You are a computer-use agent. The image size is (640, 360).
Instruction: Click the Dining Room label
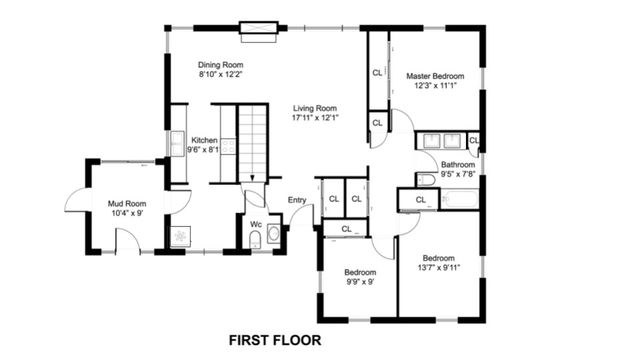coord(221,64)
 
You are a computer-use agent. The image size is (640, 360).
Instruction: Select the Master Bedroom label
coord(434,76)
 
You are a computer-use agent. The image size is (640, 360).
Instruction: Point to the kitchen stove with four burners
coord(227,146)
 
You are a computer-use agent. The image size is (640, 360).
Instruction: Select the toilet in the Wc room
coord(254,239)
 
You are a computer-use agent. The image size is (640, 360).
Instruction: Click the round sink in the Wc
coord(273,234)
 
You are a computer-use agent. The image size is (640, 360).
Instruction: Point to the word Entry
coord(297,200)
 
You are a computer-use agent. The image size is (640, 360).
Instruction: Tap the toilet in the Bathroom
coord(425,180)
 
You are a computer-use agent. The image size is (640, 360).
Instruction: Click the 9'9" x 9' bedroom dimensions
coord(359,281)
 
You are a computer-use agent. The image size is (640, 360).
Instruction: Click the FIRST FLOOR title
coord(275,340)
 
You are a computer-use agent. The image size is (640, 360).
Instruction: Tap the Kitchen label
coord(205,140)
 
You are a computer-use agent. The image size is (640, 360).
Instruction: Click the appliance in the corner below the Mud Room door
coord(180,236)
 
